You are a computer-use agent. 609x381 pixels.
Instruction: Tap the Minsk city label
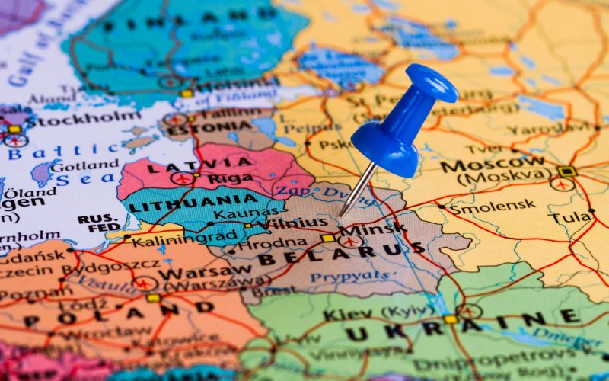(372, 229)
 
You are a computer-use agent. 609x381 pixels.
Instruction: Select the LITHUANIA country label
(183, 202)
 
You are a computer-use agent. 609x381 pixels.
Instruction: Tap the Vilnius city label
(293, 223)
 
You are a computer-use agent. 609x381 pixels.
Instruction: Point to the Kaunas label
(235, 215)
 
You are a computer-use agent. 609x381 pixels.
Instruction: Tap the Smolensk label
(492, 206)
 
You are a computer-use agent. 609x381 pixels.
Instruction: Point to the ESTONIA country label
(199, 130)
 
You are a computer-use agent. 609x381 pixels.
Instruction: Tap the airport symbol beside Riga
(182, 178)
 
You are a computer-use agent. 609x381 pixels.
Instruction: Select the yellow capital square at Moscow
(566, 171)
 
